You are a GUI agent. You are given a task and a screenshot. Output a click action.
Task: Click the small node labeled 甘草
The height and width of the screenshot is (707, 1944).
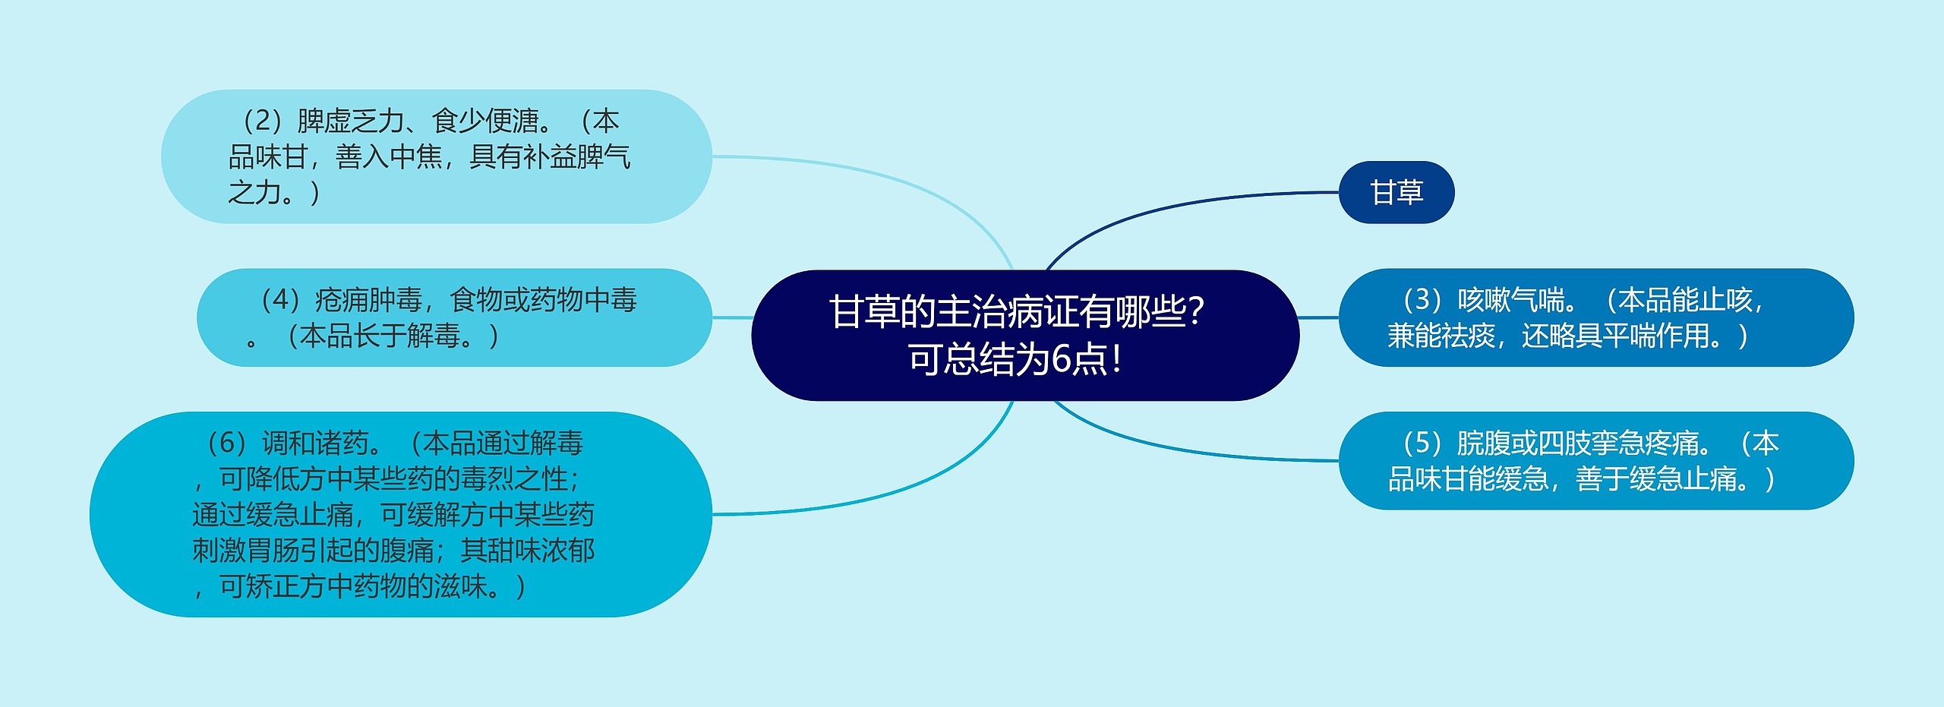tap(1396, 192)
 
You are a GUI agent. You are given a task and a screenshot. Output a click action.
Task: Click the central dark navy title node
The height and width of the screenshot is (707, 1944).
tap(1024, 335)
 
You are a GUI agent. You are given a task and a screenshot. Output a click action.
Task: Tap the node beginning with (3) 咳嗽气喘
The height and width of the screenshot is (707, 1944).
tap(1595, 317)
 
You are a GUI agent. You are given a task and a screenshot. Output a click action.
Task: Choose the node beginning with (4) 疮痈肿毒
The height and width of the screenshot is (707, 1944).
tap(453, 317)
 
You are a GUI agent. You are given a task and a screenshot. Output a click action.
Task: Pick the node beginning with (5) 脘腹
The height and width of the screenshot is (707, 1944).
tap(1595, 460)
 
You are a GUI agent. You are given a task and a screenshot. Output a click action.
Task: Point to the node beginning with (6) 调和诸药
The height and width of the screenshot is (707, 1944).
tap(400, 514)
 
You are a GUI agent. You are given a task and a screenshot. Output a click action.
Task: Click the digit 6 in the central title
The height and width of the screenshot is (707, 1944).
tap(1061, 359)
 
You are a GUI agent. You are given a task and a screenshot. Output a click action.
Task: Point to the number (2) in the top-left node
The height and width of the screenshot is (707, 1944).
tap(263, 121)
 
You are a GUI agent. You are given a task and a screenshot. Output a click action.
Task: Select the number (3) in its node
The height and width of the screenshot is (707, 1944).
tap(1422, 300)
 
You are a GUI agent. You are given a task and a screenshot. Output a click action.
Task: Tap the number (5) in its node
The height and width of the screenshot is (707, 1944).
tap(1422, 443)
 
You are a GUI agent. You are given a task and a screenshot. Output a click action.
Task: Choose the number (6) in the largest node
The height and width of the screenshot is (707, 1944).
tap(226, 443)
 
